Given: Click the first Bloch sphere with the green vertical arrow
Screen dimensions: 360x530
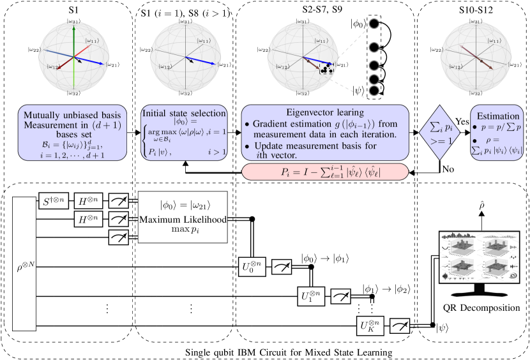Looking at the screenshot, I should pyautogui.click(x=75, y=57).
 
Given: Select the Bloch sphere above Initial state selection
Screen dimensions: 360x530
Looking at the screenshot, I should pyautogui.click(x=187, y=57).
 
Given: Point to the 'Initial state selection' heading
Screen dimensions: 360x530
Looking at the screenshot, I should pyautogui.click(x=184, y=113).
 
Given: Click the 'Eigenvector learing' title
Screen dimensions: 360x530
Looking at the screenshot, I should pyautogui.click(x=325, y=112).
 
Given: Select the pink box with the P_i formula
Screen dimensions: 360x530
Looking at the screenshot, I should pyautogui.click(x=325, y=172).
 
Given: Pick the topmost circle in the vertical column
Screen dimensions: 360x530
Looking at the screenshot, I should pyautogui.click(x=374, y=24).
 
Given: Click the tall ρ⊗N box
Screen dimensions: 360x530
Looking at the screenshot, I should pyautogui.click(x=24, y=264).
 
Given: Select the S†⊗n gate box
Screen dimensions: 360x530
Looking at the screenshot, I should pyautogui.click(x=53, y=201).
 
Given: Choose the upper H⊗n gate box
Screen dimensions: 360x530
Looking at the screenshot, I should pyautogui.click(x=88, y=201).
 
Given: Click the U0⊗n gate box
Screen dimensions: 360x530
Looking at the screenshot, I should pyautogui.click(x=251, y=266).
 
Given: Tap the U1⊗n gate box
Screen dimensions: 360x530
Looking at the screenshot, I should pyautogui.click(x=311, y=296).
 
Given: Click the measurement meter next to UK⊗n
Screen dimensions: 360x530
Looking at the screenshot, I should pyautogui.click(x=400, y=326).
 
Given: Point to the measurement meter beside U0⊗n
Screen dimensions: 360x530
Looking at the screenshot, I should pyautogui.click(x=282, y=267).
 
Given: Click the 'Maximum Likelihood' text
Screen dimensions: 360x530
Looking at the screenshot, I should pyautogui.click(x=183, y=220).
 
